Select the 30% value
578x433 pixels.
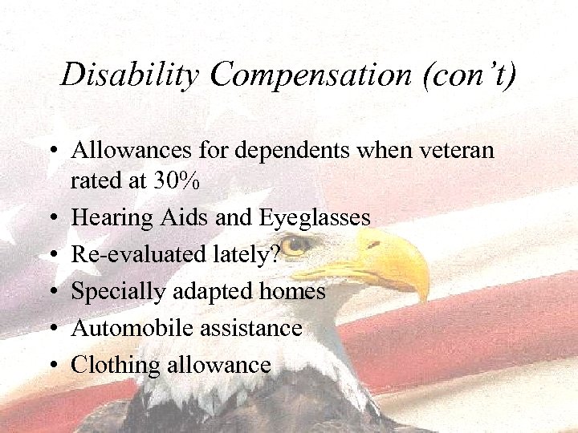(x=174, y=181)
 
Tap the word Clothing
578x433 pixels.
(x=115, y=365)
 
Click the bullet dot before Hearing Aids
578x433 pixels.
(x=51, y=218)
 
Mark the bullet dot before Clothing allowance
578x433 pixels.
(x=51, y=366)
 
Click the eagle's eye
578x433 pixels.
(x=299, y=244)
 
